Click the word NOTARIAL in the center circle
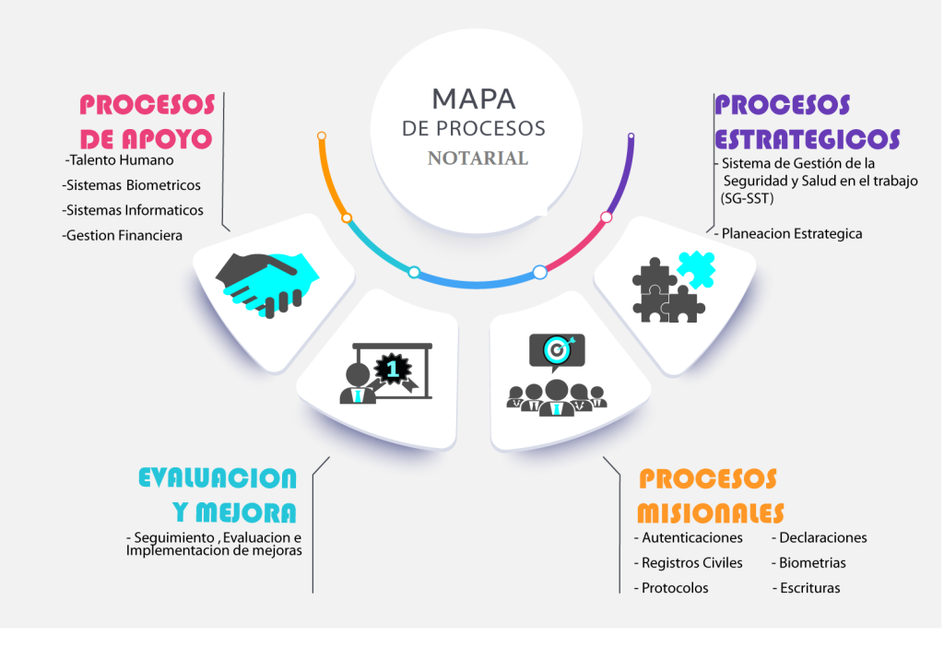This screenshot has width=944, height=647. (x=478, y=159)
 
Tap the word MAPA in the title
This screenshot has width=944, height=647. (x=474, y=100)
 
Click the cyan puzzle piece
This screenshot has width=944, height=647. (x=697, y=269)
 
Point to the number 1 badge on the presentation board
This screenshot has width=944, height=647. (x=393, y=368)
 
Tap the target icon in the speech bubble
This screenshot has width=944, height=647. (x=558, y=349)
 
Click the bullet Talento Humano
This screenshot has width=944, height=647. (x=119, y=160)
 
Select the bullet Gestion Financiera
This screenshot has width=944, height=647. (x=122, y=235)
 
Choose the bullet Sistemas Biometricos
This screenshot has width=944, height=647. (x=131, y=185)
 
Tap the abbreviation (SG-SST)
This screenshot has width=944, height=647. (x=747, y=198)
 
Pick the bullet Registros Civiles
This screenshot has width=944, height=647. (x=688, y=563)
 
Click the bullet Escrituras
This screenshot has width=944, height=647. (x=807, y=588)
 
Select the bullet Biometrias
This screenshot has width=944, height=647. (x=808, y=563)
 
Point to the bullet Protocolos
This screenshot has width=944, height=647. (x=671, y=588)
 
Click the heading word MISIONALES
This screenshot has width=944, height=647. (x=711, y=513)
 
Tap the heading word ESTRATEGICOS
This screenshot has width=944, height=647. (x=808, y=139)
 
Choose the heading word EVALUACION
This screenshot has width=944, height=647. (x=218, y=478)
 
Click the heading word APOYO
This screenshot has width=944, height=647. (x=167, y=139)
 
